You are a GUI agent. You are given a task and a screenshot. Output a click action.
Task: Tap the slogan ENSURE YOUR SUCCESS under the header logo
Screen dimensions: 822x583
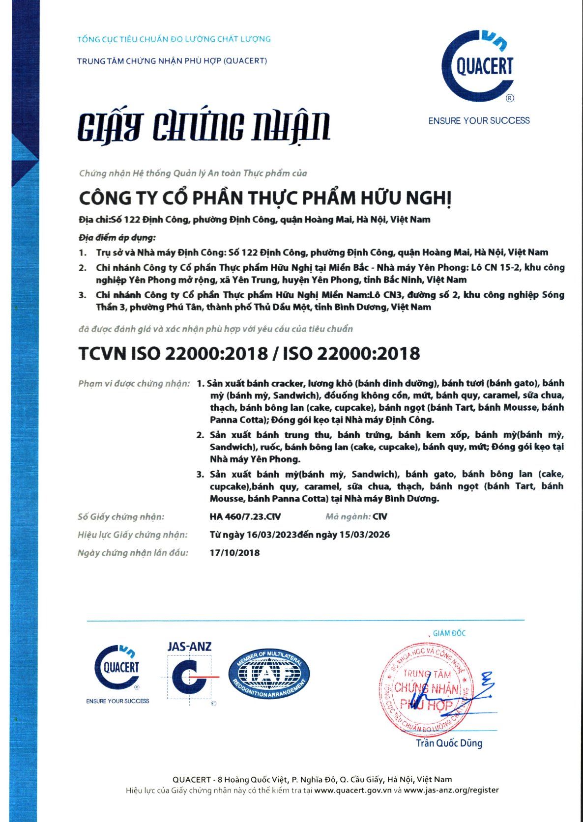coord(479,121)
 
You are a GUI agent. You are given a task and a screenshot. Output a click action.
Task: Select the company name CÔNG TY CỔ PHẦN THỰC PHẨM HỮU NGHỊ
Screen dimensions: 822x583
coord(265,198)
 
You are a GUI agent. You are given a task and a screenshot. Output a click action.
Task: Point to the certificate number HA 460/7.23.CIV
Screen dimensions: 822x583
coord(245,517)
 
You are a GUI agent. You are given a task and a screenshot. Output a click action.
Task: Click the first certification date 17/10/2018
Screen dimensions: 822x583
coord(234,553)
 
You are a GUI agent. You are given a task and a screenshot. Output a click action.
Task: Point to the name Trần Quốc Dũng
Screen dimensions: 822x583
coord(449,743)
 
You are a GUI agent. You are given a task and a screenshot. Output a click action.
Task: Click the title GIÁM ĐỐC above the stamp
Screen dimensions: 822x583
coord(449,633)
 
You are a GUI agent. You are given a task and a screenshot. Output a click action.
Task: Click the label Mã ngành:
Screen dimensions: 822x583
coord(348,517)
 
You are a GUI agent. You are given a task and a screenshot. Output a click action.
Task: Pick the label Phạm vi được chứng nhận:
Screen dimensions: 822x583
coord(134,384)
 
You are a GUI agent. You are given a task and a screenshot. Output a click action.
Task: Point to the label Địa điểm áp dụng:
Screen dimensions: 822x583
coord(117,238)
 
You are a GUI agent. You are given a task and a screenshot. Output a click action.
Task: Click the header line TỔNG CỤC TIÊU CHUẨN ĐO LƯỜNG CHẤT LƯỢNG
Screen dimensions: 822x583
coord(174,39)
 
